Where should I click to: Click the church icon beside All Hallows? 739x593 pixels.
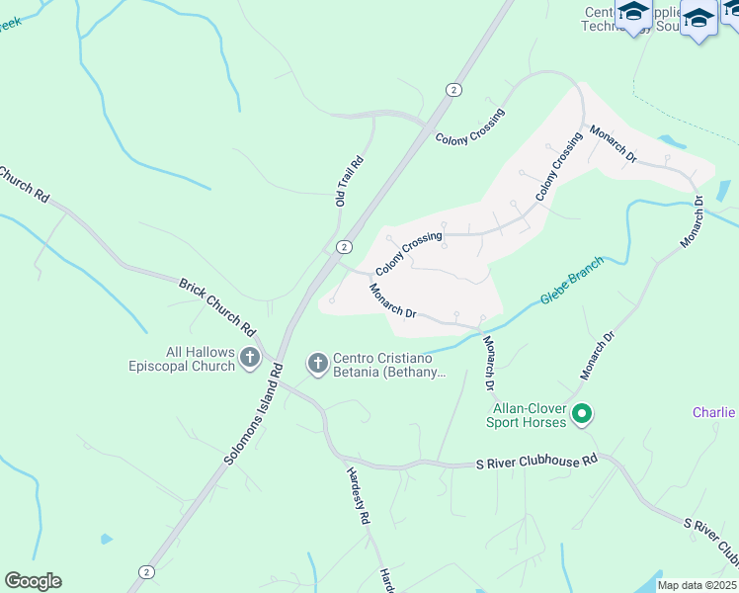(x=250, y=358)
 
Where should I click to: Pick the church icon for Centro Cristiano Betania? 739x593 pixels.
(x=318, y=365)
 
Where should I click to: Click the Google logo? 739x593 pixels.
(x=33, y=581)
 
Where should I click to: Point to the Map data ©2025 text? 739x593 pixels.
(x=697, y=585)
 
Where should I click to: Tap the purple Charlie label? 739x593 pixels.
(x=712, y=412)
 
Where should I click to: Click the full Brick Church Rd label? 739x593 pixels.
(x=217, y=305)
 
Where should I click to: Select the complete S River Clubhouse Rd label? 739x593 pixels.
(x=537, y=461)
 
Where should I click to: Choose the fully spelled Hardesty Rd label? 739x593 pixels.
(x=357, y=494)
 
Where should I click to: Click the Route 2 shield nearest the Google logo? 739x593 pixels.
(x=147, y=571)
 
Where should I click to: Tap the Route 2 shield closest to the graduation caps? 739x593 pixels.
(x=453, y=89)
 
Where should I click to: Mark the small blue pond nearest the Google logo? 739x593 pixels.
(x=106, y=540)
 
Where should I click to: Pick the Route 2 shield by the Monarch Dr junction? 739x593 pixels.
(x=343, y=246)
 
